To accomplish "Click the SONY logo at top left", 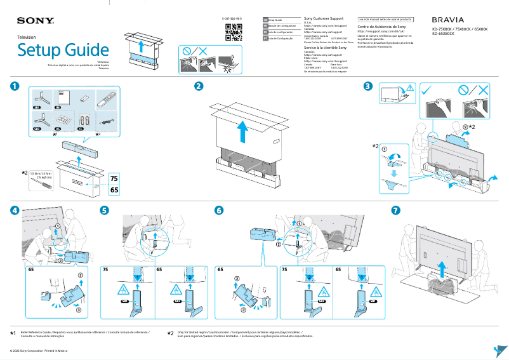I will pyautogui.click(x=36, y=22).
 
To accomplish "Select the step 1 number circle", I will pyautogui.click(x=15, y=86).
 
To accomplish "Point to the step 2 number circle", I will pyautogui.click(x=199, y=86).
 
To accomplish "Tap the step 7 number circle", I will pyautogui.click(x=396, y=210).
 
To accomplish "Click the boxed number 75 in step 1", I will pyautogui.click(x=114, y=178).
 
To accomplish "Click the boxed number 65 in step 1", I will pyautogui.click(x=114, y=190).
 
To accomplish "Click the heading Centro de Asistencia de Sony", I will pyautogui.click(x=381, y=27).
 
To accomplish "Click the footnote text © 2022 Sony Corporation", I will pyautogui.click(x=38, y=350).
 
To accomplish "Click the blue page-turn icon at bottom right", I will pyautogui.click(x=499, y=351).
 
